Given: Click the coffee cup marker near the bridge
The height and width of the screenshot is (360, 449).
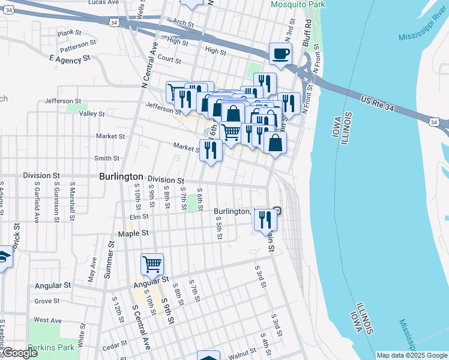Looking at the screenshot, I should [280, 54].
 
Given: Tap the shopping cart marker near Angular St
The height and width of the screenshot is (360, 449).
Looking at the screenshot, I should [152, 264].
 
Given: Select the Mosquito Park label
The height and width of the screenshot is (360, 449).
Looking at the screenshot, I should [298, 4].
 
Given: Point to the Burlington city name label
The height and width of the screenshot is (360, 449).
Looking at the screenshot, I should [121, 177].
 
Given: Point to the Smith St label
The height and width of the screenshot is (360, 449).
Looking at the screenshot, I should [107, 158].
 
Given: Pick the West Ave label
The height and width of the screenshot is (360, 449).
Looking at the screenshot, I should [48, 320].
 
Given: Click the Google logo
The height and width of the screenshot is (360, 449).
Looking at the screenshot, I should [19, 353].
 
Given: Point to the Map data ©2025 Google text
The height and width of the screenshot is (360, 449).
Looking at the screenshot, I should [411, 355].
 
